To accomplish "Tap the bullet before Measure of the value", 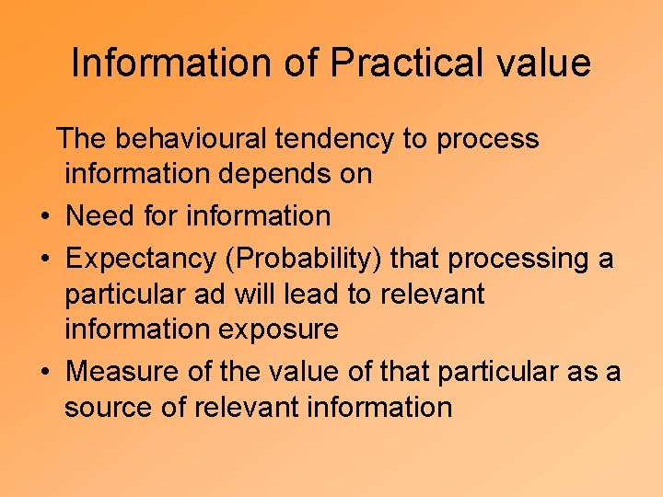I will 44,373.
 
